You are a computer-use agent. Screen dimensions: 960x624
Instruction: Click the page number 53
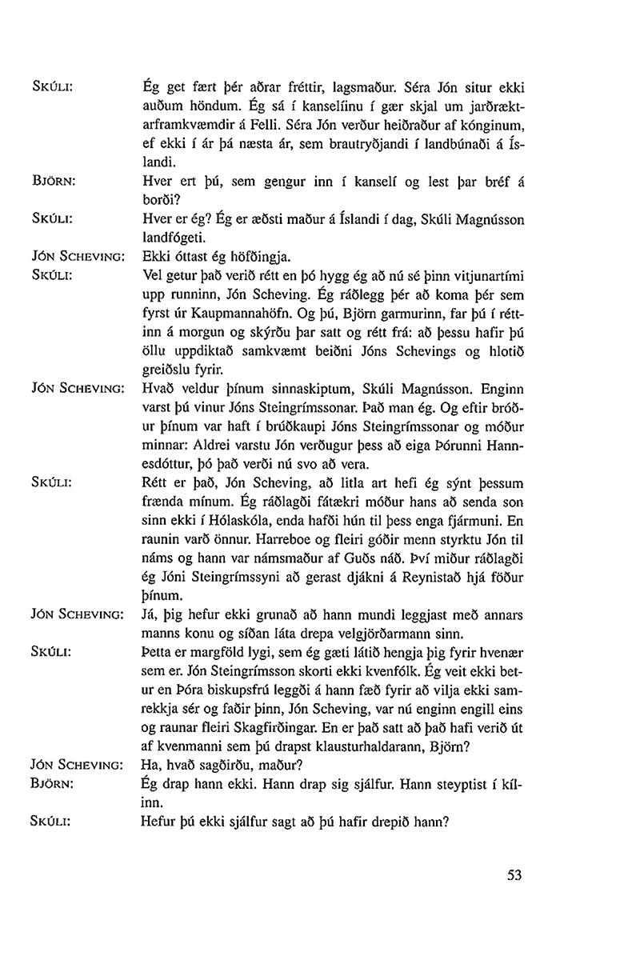(514, 875)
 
